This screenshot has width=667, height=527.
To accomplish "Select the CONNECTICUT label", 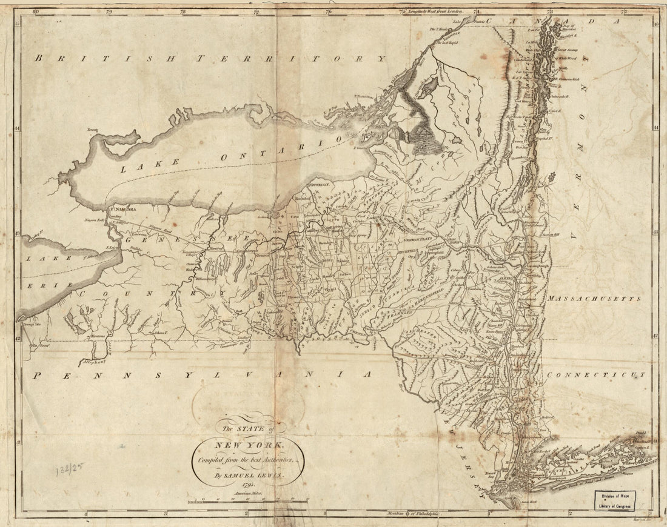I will (595, 375).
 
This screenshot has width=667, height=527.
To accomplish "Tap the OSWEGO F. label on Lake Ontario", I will (319, 184).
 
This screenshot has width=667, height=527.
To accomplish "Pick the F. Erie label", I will (111, 247).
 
